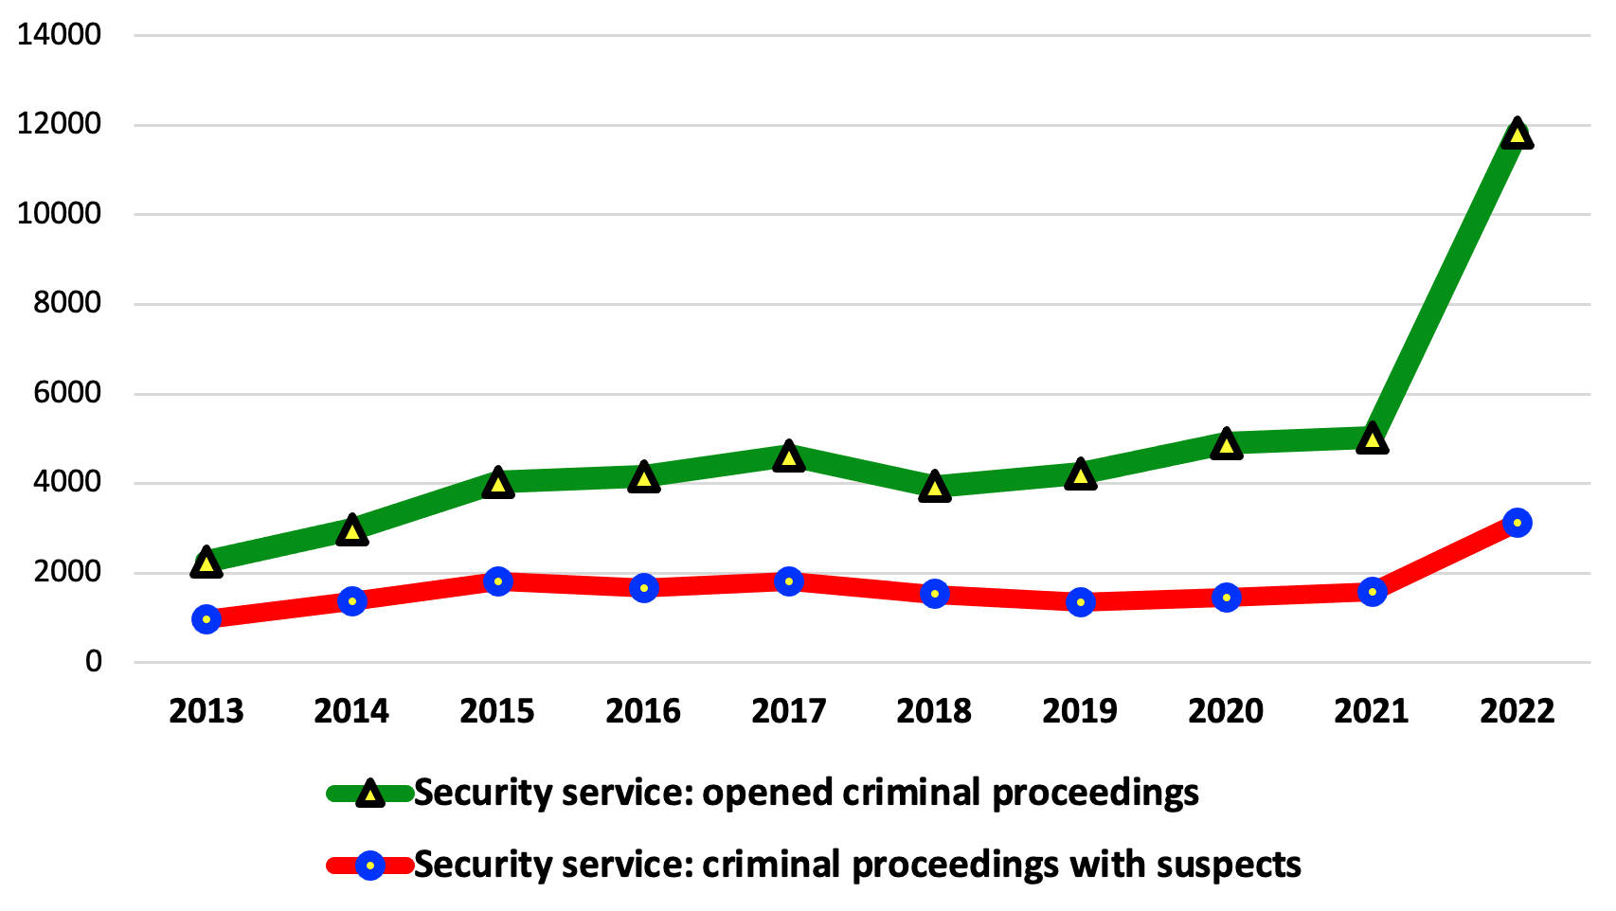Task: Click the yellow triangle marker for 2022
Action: coord(1517,134)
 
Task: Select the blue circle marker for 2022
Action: coord(1517,523)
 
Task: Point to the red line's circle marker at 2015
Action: coord(498,581)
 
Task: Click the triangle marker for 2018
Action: coord(935,488)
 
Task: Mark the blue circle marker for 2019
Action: coord(1081,602)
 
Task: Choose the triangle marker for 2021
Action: coord(1372,439)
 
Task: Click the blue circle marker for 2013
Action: coord(206,619)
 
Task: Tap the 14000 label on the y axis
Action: coord(59,35)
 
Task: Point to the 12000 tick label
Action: coord(59,124)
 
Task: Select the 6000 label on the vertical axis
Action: coord(66,393)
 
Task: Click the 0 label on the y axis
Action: coord(93,662)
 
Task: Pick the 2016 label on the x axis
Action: coord(643,711)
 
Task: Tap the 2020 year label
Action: coord(1226,711)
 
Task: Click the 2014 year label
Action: coord(351,711)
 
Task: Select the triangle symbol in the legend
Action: coord(370,794)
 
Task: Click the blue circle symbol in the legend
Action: coord(370,866)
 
